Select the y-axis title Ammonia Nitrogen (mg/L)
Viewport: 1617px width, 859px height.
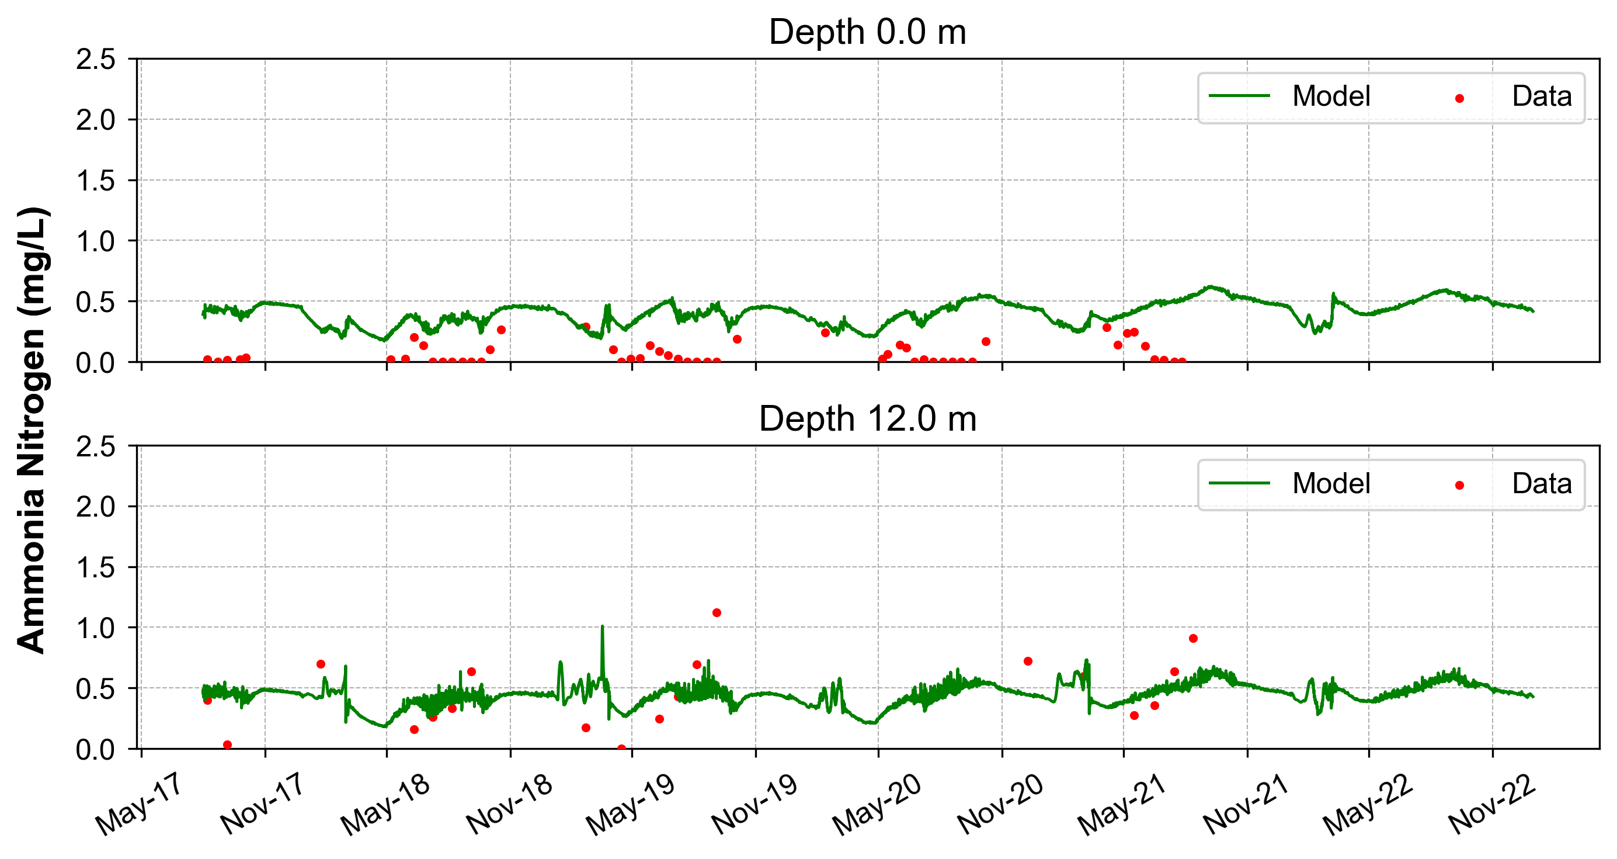(32, 430)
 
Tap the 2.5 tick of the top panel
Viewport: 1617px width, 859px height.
(95, 60)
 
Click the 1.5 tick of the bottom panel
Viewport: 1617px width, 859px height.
(95, 567)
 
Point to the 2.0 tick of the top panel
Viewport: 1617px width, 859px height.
(95, 120)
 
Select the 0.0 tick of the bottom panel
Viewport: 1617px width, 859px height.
(95, 749)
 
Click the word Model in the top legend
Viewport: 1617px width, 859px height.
(1331, 96)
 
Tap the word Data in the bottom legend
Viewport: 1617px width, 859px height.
(1542, 483)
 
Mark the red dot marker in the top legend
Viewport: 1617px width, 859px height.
(1459, 99)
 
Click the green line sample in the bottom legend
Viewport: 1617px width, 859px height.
(1239, 483)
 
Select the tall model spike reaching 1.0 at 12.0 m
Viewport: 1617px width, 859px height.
(603, 628)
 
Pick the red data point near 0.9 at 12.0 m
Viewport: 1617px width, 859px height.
(1193, 639)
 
